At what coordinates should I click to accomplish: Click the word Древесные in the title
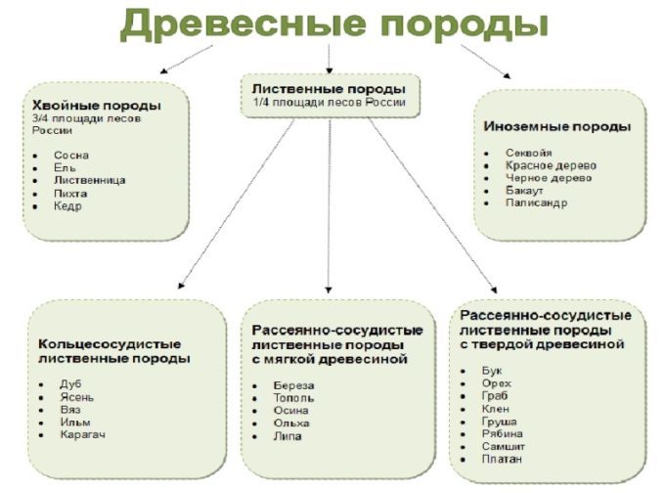[243, 24]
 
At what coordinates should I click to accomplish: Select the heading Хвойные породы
[97, 106]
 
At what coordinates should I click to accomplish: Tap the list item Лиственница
[90, 180]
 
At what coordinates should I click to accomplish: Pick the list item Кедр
[67, 206]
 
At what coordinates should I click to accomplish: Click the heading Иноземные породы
[556, 126]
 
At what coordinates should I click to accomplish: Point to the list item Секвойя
[528, 153]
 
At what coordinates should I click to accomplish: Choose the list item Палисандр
[536, 202]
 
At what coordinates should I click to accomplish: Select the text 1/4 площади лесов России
[330, 103]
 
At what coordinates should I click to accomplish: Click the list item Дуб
[70, 384]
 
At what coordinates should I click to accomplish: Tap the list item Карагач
[83, 434]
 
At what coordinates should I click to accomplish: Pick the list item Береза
[294, 385]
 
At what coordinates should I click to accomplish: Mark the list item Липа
[288, 436]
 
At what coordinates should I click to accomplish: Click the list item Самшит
[503, 446]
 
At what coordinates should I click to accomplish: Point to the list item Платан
[502, 459]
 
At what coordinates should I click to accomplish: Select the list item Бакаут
[524, 191]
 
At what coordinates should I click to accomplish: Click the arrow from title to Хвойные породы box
[186, 60]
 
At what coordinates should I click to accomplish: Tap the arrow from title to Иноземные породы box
[486, 62]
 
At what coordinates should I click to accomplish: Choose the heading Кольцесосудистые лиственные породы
[114, 351]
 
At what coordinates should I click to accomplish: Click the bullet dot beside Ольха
[255, 424]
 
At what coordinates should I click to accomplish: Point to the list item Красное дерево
[551, 165]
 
